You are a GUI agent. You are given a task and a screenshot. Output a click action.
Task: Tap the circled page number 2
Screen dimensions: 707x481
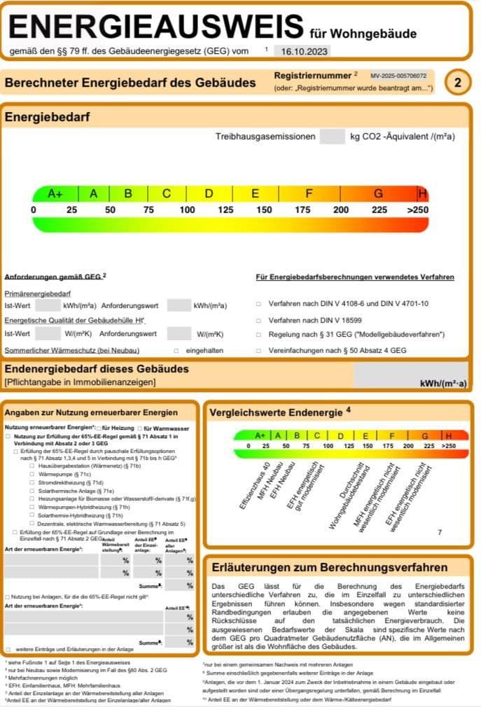(458, 83)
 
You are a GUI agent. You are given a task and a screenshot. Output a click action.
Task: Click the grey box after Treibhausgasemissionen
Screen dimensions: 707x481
(332, 136)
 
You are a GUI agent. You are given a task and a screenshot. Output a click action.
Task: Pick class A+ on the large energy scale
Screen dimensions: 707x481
(55, 194)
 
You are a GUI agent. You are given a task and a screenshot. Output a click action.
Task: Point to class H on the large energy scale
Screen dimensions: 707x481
(422, 194)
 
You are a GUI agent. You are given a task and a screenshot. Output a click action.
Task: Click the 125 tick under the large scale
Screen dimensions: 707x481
(225, 210)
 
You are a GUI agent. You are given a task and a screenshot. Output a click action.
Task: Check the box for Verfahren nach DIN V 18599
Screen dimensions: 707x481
(258, 320)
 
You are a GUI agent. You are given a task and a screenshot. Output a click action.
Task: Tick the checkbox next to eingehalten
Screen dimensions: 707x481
(176, 350)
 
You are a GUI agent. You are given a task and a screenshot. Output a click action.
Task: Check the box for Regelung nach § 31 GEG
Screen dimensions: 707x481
(258, 335)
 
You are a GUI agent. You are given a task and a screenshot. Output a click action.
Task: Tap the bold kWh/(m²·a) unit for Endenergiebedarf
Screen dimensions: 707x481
(442, 383)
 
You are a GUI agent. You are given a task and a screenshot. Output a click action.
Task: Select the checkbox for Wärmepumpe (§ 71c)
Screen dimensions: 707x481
(32, 474)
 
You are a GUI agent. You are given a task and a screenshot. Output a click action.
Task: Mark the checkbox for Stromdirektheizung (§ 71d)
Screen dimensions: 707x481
(32, 482)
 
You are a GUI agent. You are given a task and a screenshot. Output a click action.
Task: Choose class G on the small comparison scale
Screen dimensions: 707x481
(424, 435)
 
